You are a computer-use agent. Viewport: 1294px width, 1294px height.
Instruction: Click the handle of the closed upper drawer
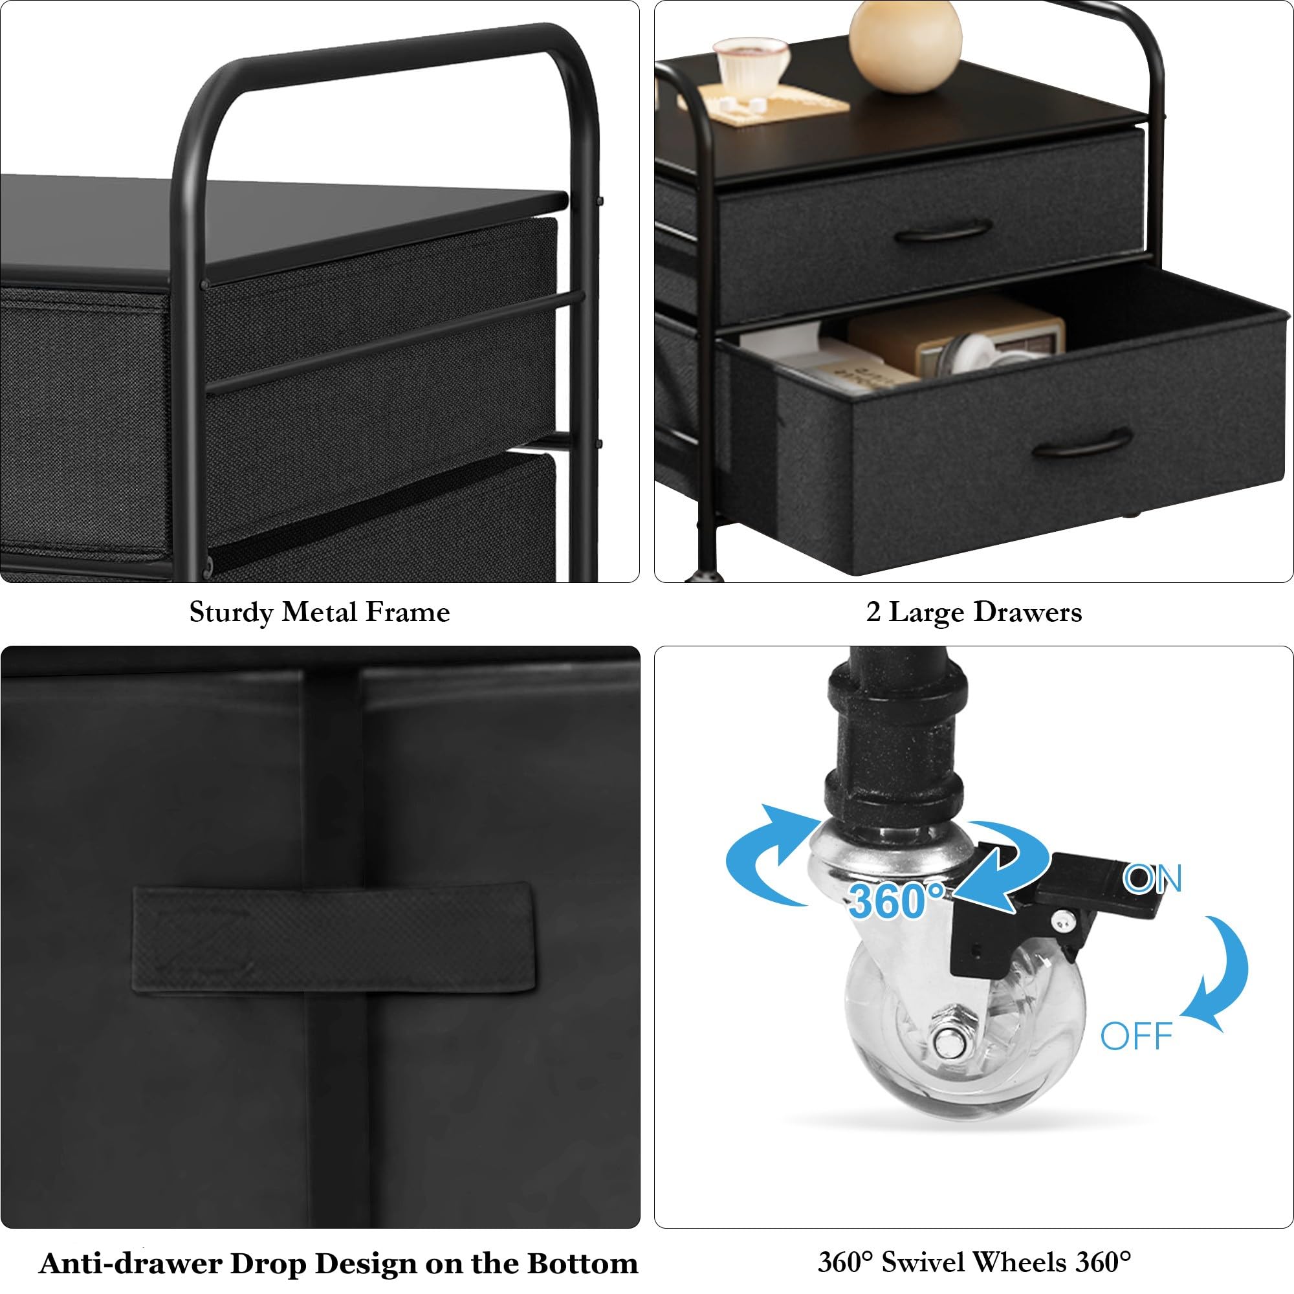coord(943,232)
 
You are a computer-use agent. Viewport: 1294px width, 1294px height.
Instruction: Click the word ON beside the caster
coord(1152,879)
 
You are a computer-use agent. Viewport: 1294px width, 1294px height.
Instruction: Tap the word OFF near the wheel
coord(1136,1036)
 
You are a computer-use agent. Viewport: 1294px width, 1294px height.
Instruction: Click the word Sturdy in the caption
coord(230,612)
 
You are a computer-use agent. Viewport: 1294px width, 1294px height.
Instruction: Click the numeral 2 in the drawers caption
coord(873,612)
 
